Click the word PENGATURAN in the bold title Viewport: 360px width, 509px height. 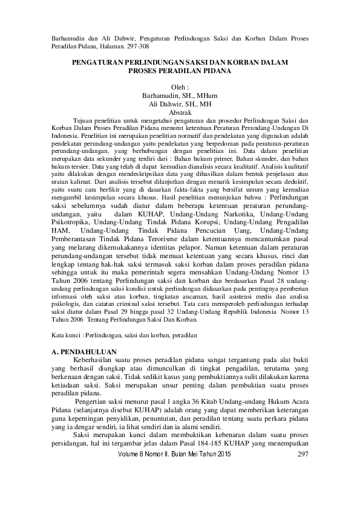click(x=97, y=62)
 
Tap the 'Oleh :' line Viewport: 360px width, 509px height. click(x=180, y=87)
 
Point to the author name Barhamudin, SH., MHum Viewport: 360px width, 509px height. click(x=180, y=96)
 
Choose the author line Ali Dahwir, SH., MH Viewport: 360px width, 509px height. click(x=180, y=103)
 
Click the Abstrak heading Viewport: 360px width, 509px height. click(x=180, y=112)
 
